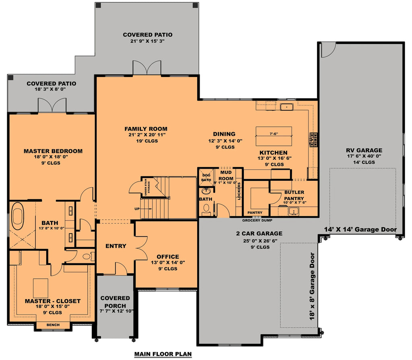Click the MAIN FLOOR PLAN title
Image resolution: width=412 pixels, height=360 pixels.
pyautogui.click(x=163, y=354)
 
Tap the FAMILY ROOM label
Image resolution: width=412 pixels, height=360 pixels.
pyautogui.click(x=146, y=129)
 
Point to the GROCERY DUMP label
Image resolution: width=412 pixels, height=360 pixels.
pyautogui.click(x=256, y=221)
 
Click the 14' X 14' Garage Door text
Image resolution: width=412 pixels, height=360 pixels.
pyautogui.click(x=360, y=230)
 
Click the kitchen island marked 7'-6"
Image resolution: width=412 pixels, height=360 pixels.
pyautogui.click(x=274, y=137)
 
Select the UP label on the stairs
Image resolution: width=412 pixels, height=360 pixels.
pyautogui.click(x=137, y=209)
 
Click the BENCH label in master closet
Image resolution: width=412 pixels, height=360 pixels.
pyautogui.click(x=53, y=325)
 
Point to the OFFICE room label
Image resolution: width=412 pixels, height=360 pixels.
pyautogui.click(x=168, y=257)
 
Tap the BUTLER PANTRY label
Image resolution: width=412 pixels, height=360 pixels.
pyautogui.click(x=294, y=195)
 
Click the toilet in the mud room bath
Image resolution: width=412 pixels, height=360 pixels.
pyautogui.click(x=206, y=209)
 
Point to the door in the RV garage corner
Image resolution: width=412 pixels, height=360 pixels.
pyautogui.click(x=327, y=49)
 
